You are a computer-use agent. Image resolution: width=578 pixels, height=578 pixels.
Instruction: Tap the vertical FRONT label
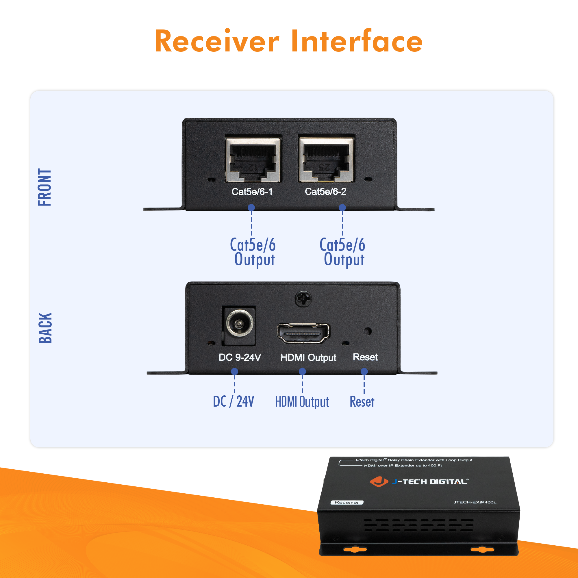(45, 187)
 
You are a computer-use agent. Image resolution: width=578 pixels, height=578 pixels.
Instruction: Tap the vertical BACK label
(45, 328)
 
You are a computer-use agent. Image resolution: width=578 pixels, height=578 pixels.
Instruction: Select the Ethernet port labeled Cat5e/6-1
(253, 160)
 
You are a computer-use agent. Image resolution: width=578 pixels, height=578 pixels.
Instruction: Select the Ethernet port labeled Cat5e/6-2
(326, 160)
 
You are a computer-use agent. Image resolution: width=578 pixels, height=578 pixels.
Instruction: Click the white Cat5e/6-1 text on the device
(252, 192)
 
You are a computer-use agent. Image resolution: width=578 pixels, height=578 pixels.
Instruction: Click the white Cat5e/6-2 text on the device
(325, 192)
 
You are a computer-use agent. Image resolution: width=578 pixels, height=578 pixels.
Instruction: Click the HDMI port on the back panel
(303, 333)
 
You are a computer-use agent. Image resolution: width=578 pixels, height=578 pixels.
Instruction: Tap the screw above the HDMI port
(303, 298)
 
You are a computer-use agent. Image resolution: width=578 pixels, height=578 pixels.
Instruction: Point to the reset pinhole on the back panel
(368, 331)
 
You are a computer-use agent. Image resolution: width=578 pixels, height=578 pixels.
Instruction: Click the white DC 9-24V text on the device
(240, 357)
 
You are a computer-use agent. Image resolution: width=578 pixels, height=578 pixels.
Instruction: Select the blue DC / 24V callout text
(233, 401)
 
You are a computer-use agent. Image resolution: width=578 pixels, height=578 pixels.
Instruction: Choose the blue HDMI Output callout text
(302, 402)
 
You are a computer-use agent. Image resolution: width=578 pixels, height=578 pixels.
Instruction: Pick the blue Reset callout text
(362, 401)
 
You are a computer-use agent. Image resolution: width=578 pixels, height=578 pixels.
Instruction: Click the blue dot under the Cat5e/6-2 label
(342, 207)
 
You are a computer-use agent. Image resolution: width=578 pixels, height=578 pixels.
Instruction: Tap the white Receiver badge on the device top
(347, 502)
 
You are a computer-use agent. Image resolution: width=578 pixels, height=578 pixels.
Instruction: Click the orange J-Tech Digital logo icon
(379, 481)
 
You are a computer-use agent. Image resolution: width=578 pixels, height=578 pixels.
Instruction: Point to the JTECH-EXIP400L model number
(475, 502)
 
